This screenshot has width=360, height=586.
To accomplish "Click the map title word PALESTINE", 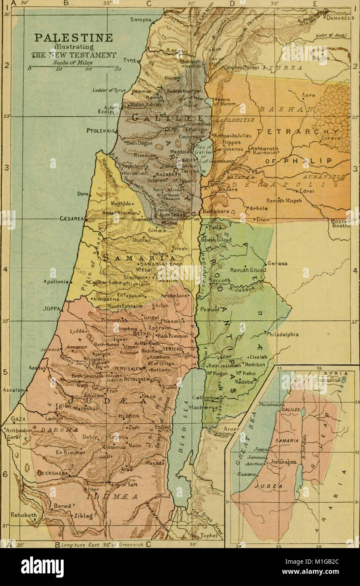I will click(x=73, y=38).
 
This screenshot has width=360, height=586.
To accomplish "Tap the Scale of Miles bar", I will click(x=73, y=67).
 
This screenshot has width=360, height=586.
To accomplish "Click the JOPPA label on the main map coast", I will click(x=51, y=308).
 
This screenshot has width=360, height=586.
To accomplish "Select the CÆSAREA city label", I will click(x=72, y=218).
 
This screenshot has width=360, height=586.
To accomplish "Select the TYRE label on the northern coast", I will click(x=129, y=61).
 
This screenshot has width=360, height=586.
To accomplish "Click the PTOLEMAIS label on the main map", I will click(x=101, y=131).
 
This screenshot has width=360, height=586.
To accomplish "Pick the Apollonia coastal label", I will click(x=55, y=282).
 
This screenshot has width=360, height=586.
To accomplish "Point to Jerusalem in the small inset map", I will click(x=284, y=462).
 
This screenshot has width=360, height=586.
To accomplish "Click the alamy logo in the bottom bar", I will click(x=42, y=567).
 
